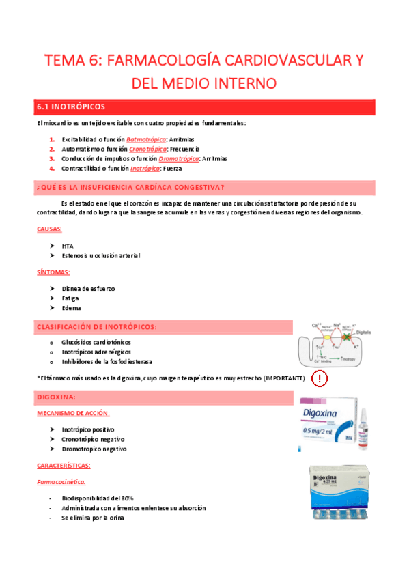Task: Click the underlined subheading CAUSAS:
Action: tap(49, 229)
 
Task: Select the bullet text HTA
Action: tap(67, 246)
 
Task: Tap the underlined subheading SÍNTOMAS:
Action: tap(53, 272)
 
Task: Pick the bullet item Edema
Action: tap(71, 308)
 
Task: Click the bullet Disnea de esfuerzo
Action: tap(88, 289)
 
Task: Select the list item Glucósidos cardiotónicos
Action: tap(96, 342)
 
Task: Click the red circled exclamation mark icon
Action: tap(319, 378)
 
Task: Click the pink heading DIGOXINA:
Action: tap(56, 397)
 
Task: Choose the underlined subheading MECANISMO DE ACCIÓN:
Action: tap(73, 414)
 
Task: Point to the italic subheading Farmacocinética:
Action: tap(66, 482)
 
